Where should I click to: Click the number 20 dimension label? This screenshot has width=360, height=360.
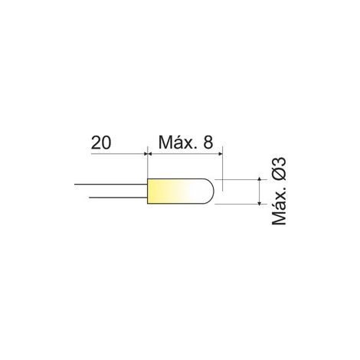tap(101, 142)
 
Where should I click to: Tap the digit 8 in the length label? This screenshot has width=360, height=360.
tap(208, 142)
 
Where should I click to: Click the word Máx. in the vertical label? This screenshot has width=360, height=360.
tap(279, 206)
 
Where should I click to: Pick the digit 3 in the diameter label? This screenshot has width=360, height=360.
tap(279, 162)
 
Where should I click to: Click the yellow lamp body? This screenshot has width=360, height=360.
tap(181, 191)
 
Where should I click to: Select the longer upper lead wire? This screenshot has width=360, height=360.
tap(111, 184)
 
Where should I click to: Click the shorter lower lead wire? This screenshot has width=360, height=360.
tap(118, 198)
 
